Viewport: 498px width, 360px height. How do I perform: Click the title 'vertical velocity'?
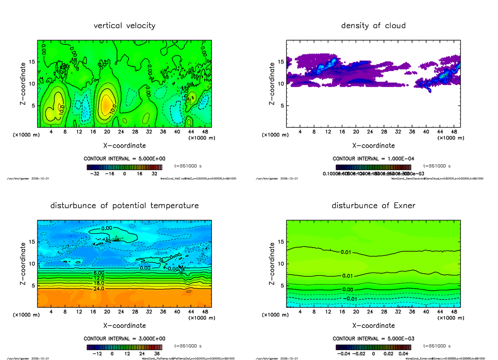(124, 26)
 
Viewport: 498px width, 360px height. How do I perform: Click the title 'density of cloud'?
(373, 26)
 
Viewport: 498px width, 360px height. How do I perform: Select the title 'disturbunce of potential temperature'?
(124, 206)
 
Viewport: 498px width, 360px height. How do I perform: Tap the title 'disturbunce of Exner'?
(373, 206)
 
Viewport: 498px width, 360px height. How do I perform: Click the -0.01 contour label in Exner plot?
(351, 299)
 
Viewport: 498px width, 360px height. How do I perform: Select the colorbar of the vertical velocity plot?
(124, 168)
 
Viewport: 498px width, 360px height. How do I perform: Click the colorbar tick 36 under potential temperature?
(157, 354)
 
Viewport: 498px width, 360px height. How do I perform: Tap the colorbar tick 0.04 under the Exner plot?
(404, 354)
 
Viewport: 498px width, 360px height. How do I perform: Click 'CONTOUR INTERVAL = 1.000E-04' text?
(373, 158)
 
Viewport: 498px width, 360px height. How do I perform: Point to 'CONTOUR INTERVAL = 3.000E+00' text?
(124, 338)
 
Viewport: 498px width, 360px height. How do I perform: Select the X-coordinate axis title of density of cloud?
(373, 146)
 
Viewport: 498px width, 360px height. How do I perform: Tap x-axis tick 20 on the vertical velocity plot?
(107, 132)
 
